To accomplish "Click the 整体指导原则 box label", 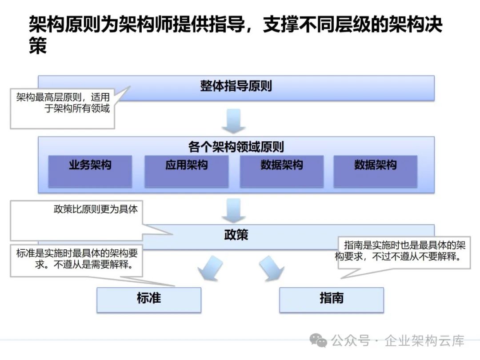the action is click(236, 86).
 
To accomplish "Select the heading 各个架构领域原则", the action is click(236, 147).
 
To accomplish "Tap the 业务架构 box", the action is click(90, 171).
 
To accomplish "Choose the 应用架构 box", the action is click(186, 171).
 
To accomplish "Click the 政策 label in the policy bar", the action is click(236, 235).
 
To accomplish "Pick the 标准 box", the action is click(149, 300).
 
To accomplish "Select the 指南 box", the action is click(332, 300).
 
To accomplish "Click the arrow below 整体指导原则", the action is click(234, 121).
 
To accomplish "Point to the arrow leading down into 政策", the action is click(234, 211).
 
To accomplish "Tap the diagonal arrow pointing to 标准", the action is click(211, 268).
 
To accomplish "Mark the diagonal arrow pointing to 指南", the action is click(272, 268).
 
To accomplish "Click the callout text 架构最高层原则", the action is click(49, 97).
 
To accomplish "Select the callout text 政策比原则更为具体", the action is click(96, 209).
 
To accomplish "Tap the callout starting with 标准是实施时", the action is click(76, 259).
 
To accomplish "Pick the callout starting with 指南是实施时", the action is click(400, 251).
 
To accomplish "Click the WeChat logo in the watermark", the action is click(318, 340).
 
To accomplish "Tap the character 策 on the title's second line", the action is click(38, 46).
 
